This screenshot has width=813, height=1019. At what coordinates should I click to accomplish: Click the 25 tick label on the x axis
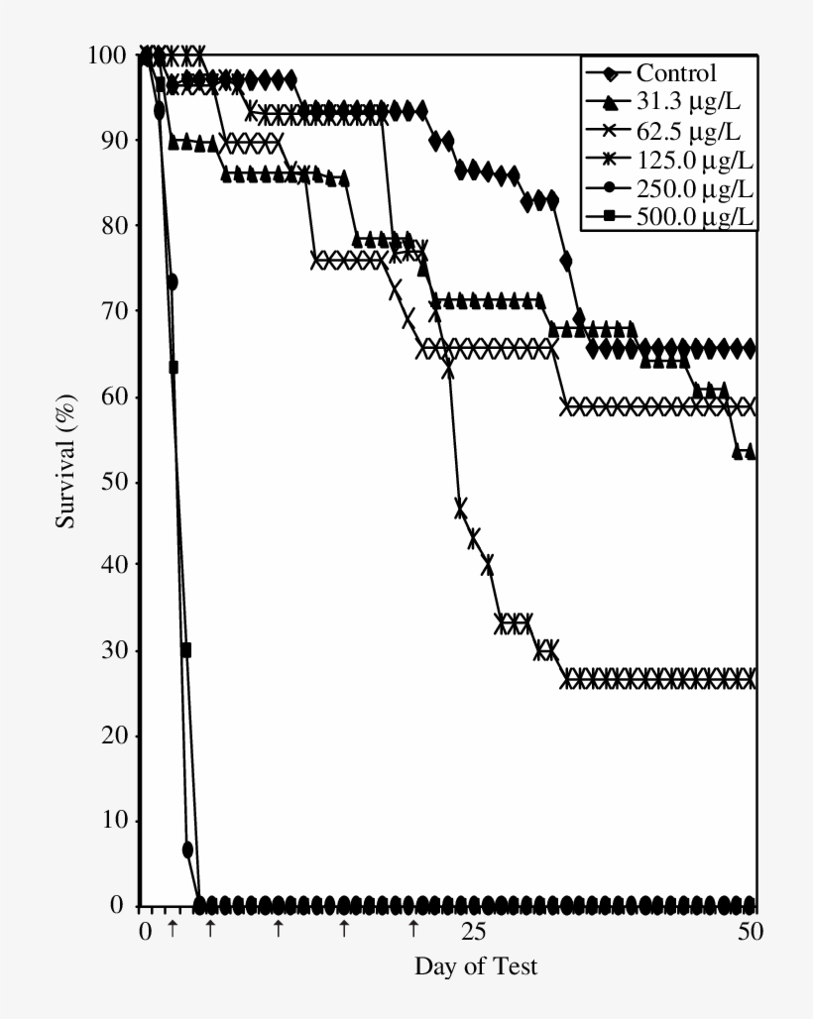474,931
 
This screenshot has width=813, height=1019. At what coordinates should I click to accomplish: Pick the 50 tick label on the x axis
751,931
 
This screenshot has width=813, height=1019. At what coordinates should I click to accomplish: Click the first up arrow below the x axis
173,928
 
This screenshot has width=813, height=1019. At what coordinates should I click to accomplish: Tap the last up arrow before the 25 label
413,928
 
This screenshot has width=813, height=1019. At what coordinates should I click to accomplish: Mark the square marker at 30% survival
184,650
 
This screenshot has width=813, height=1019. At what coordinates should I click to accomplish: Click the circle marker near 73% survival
172,283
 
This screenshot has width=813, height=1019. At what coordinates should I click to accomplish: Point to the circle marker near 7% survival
187,849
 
